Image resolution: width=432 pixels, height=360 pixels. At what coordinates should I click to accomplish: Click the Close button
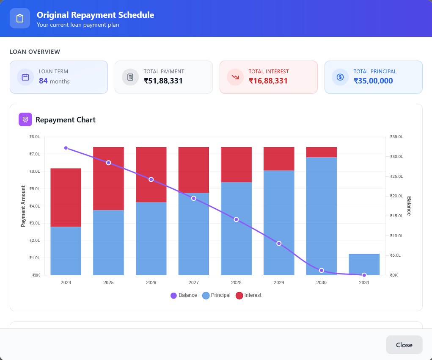(x=404, y=345)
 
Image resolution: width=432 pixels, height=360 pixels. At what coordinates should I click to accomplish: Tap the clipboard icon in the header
(x=20, y=18)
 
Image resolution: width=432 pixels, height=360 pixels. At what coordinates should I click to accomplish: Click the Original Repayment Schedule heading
(x=95, y=15)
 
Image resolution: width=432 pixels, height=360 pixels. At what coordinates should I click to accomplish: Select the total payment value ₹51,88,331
(x=163, y=81)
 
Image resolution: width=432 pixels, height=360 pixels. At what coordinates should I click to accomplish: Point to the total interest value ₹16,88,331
(x=268, y=81)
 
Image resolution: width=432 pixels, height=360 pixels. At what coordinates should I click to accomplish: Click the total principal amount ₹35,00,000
(x=373, y=81)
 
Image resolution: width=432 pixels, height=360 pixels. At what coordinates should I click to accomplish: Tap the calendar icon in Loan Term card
(x=25, y=77)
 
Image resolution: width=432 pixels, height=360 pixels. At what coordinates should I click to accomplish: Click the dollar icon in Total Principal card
(x=340, y=77)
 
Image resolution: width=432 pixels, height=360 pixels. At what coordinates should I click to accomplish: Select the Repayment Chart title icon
(x=25, y=119)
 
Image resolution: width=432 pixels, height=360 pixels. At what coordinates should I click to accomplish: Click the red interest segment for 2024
(x=66, y=197)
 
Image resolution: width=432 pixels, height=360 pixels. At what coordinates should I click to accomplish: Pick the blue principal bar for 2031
(x=364, y=264)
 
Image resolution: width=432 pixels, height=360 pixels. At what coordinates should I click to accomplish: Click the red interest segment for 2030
(x=322, y=152)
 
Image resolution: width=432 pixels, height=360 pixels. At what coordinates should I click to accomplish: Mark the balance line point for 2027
(x=194, y=198)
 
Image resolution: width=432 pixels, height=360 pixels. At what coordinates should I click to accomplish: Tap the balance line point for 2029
(x=279, y=244)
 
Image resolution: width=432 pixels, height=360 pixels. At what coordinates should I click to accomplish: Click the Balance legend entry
(x=184, y=295)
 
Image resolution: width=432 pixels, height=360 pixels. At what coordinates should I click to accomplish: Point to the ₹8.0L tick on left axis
(x=35, y=137)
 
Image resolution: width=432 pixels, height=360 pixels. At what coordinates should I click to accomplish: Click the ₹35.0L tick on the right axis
(x=396, y=137)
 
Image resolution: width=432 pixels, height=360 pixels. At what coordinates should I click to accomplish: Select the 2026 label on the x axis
(x=151, y=282)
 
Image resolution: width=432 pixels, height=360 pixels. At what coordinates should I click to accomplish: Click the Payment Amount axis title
(x=23, y=206)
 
